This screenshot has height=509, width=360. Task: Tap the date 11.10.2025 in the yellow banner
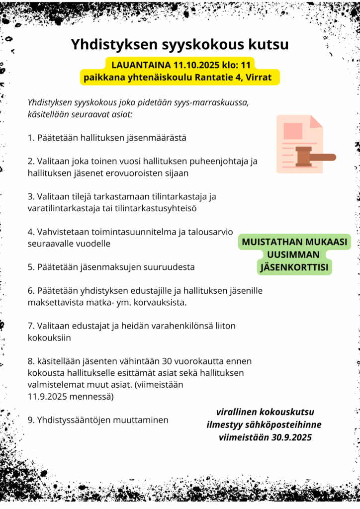click(196, 65)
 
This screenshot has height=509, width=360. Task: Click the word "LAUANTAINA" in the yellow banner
click(141, 65)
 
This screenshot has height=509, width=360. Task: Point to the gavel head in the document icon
click(303, 156)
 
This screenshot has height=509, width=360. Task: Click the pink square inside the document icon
click(293, 131)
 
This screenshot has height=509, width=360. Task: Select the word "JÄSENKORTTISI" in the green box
click(295, 267)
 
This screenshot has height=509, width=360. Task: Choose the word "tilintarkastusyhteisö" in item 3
click(157, 208)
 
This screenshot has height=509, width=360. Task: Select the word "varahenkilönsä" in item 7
click(170, 326)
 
